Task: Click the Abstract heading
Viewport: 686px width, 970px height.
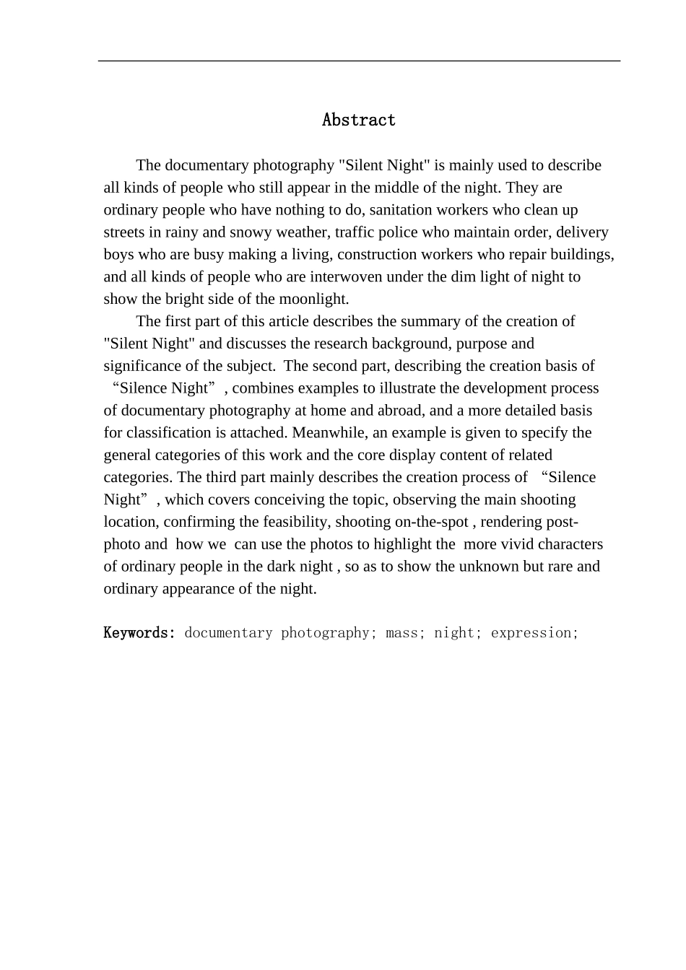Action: point(359,120)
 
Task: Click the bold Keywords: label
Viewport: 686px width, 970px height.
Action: point(139,633)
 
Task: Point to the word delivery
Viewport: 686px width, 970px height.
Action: point(582,232)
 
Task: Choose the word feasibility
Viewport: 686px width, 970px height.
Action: point(294,522)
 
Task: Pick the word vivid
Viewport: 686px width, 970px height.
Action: point(516,544)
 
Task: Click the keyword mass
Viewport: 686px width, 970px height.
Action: point(401,633)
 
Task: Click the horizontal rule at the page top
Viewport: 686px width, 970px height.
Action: point(359,61)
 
